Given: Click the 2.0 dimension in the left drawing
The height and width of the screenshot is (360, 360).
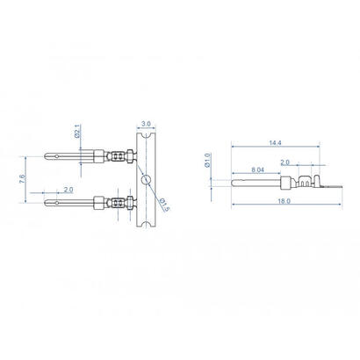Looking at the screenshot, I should pos(68,190).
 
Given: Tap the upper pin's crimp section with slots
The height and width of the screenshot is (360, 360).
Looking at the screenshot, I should pos(116,157).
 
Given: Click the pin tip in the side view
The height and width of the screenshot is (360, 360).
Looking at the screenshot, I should pos(235,184).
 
